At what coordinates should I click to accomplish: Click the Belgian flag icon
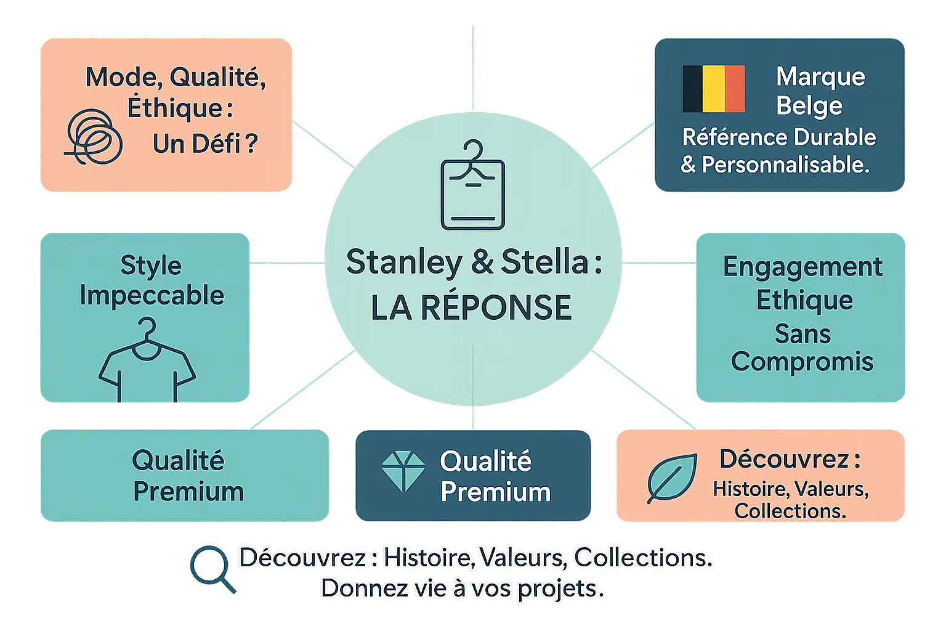pos(714,89)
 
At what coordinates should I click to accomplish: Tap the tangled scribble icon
pos(94,136)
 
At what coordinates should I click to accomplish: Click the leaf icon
pos(672,478)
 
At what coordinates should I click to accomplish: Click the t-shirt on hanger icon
pos(147,360)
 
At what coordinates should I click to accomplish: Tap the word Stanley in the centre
pos(403,262)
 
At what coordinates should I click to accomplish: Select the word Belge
pos(809,106)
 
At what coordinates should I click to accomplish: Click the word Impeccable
pos(152,296)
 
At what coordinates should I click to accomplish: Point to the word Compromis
pos(802,362)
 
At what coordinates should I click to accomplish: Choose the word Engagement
pos(802,267)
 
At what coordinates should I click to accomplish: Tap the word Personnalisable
pos(785,165)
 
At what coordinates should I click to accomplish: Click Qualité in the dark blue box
pos(485,461)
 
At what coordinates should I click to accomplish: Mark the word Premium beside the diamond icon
pos(495,492)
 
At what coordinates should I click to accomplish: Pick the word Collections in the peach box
pos(790,511)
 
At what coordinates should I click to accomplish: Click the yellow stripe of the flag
pos(714,89)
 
